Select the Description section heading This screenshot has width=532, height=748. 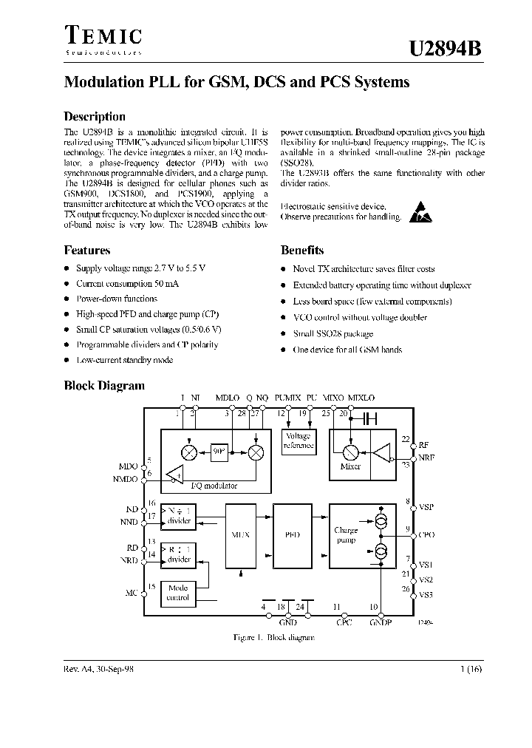95,116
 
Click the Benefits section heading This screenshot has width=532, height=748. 302,250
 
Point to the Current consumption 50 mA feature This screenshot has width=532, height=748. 127,284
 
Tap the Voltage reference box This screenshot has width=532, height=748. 299,441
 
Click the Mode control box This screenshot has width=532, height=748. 178,592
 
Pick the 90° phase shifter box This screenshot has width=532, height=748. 219,452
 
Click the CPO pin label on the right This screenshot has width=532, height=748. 426,533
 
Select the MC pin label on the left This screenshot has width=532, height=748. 132,592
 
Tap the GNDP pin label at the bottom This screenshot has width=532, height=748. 381,622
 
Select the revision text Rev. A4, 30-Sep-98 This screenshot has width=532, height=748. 99,667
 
